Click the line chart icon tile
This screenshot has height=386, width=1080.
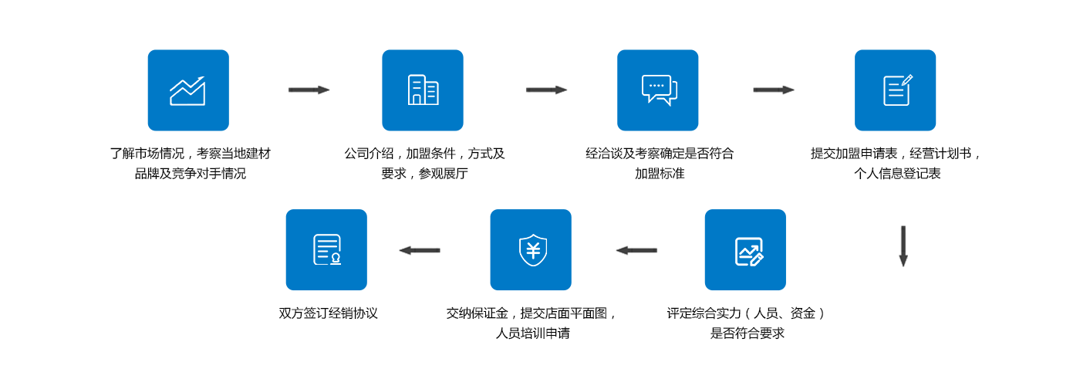pyautogui.click(x=188, y=90)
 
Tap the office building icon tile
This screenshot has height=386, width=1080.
pyautogui.click(x=423, y=90)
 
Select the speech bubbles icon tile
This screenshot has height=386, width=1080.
pyautogui.click(x=657, y=90)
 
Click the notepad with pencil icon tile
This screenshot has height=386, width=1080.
pyautogui.click(x=895, y=90)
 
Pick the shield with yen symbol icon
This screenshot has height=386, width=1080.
pyautogui.click(x=531, y=250)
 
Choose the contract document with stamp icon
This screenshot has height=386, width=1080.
pyautogui.click(x=326, y=250)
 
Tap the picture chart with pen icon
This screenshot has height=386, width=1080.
pyautogui.click(x=745, y=250)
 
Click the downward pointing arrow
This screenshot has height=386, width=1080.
pyautogui.click(x=903, y=246)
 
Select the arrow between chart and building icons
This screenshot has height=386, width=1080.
pyautogui.click(x=309, y=90)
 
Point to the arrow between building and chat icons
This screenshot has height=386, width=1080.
pyautogui.click(x=546, y=90)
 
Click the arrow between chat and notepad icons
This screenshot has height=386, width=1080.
pyautogui.click(x=774, y=90)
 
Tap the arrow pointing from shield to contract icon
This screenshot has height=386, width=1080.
pyautogui.click(x=420, y=250)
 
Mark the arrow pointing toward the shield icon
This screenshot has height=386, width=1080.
pyautogui.click(x=636, y=250)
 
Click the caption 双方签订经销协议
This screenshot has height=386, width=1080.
pyautogui.click(x=328, y=313)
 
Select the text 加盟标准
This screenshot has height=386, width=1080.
pyautogui.click(x=660, y=174)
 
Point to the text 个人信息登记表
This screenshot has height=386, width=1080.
pyautogui.click(x=897, y=174)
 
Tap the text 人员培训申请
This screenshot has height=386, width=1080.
pyautogui.click(x=532, y=334)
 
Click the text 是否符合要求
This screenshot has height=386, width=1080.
pyautogui.click(x=747, y=334)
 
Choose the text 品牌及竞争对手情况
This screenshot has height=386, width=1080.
pyautogui.click(x=190, y=174)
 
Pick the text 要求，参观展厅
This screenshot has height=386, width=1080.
pyautogui.click(x=424, y=174)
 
